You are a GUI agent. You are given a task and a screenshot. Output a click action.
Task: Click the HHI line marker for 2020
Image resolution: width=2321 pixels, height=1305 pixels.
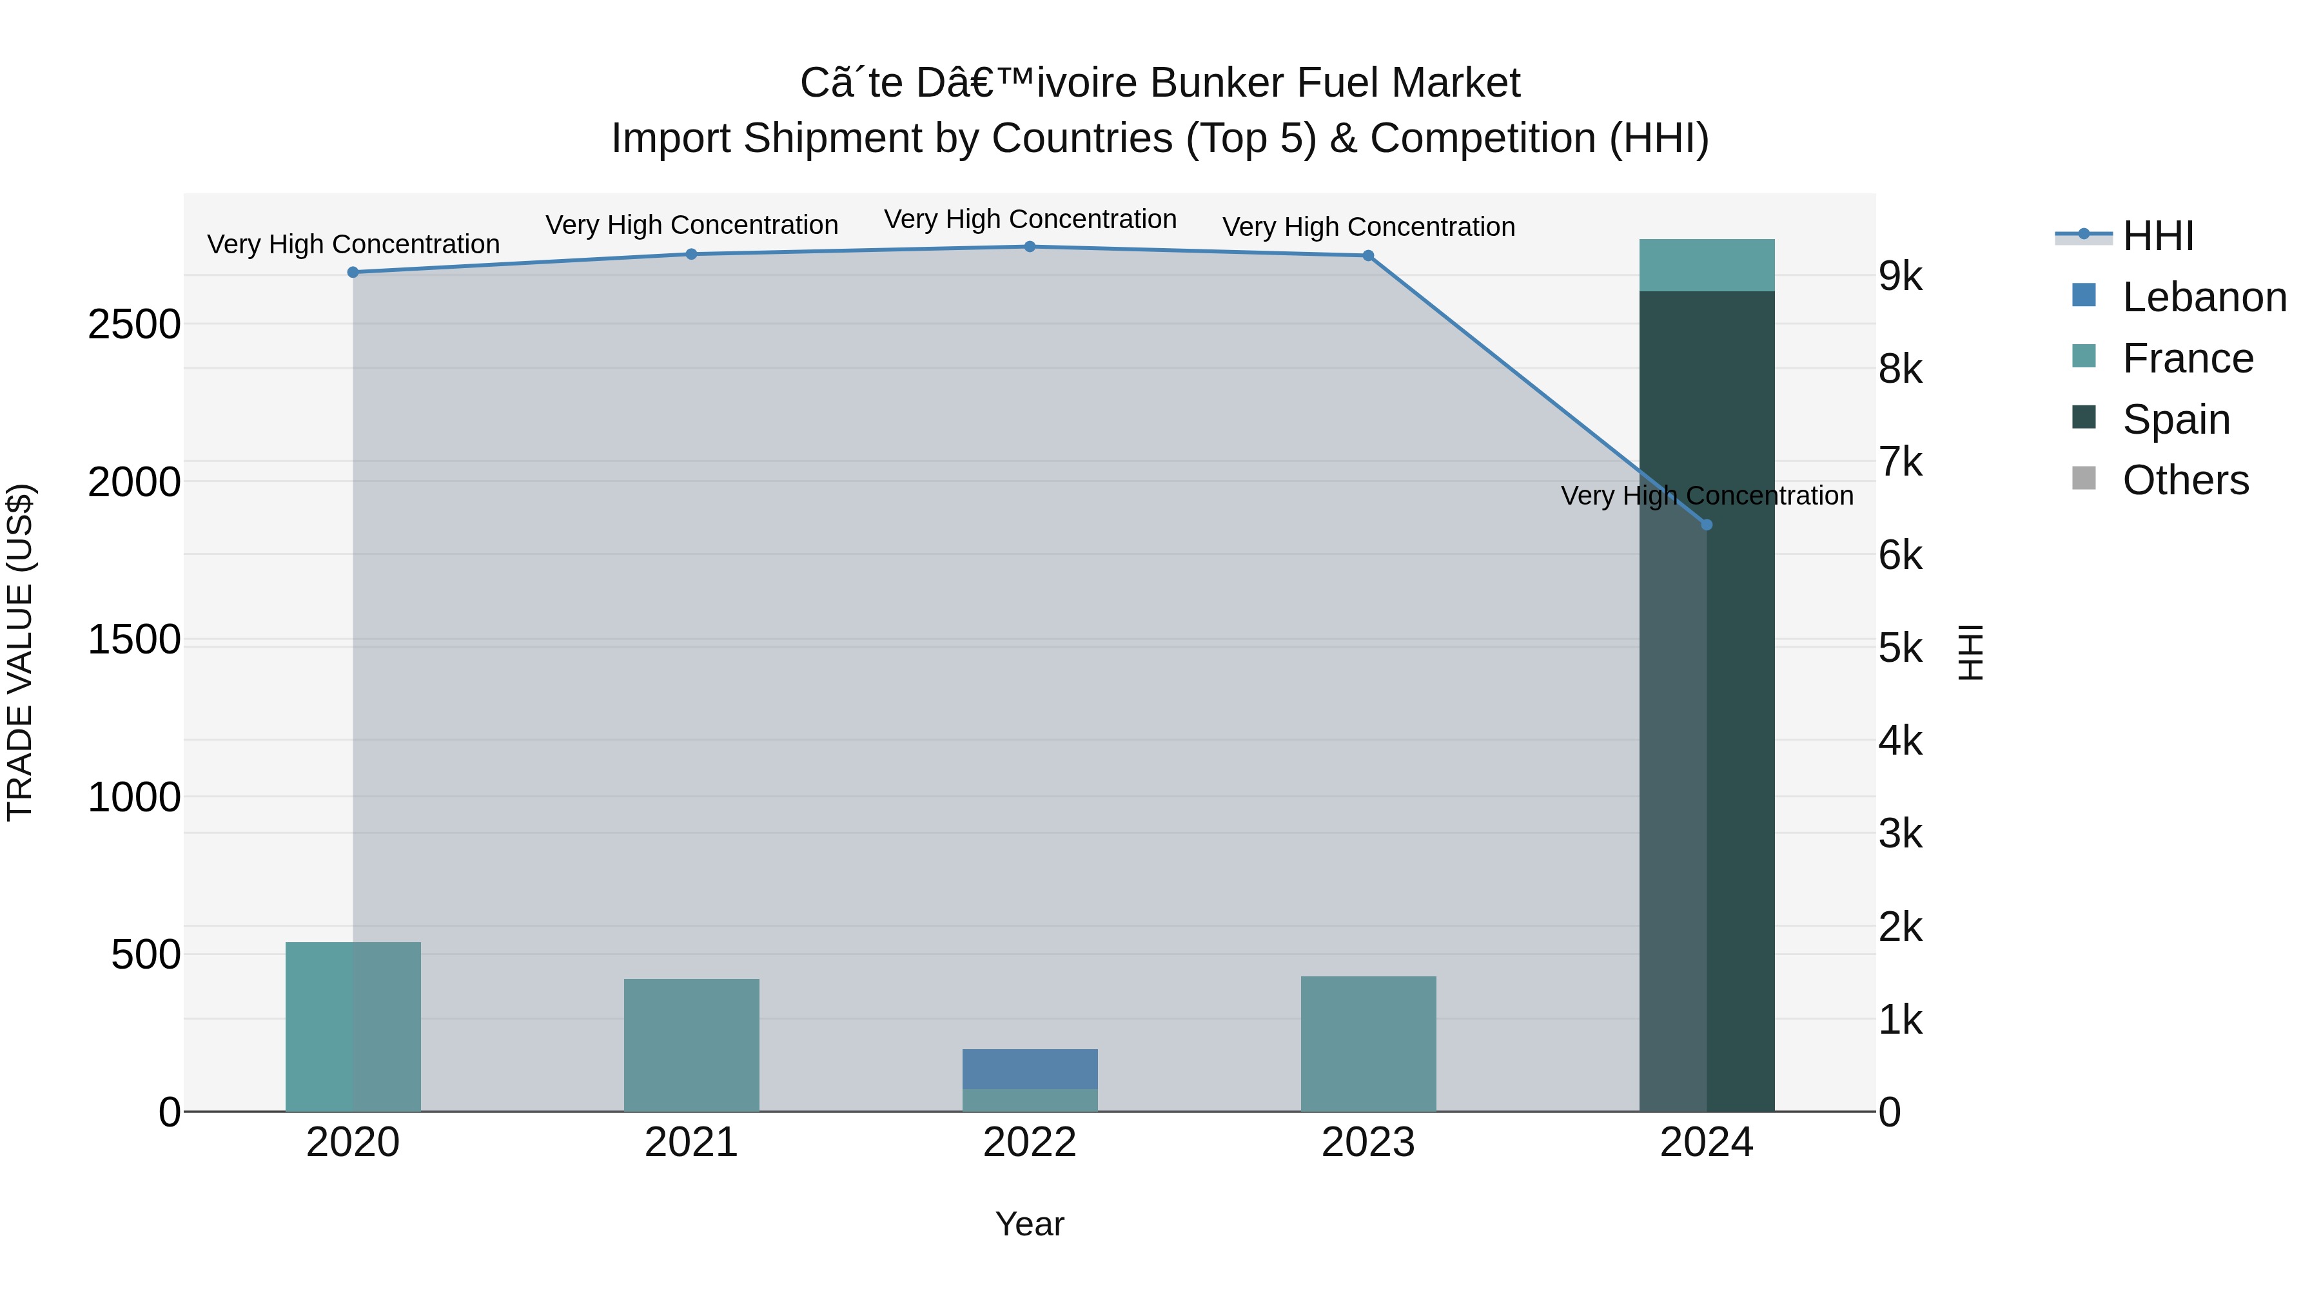(353, 272)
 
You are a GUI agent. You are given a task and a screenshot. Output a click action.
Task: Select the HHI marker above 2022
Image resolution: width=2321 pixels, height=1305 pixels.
(1030, 247)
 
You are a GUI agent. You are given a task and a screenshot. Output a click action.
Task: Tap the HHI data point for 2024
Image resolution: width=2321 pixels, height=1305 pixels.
(1707, 525)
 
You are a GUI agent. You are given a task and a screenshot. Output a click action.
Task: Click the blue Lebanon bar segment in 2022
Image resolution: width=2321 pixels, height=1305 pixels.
(1030, 1069)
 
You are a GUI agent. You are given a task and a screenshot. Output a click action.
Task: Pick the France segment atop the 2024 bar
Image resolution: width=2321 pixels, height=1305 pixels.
(1707, 265)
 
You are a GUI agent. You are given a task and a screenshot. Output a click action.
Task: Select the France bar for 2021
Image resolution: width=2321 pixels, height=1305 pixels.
(691, 1045)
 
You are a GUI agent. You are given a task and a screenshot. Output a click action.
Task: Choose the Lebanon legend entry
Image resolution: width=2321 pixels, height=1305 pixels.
(2204, 297)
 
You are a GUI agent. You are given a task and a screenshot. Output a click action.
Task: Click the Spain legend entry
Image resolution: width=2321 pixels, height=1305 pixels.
(2176, 420)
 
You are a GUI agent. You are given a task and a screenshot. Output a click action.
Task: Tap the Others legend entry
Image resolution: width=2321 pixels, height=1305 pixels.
(2185, 480)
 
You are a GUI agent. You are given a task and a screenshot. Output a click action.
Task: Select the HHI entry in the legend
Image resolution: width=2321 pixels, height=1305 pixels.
(2157, 236)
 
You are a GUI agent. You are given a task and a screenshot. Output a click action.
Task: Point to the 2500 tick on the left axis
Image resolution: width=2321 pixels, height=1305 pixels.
(134, 324)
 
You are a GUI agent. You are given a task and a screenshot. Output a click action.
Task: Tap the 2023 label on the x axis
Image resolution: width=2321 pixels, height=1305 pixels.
(1367, 1143)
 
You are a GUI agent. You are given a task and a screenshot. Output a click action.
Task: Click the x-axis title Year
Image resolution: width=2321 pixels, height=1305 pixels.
(1030, 1224)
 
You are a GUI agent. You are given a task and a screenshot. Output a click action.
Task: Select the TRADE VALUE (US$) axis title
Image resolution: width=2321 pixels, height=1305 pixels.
(21, 652)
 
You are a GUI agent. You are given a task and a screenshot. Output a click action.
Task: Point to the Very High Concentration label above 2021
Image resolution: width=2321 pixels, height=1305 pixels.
(691, 225)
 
